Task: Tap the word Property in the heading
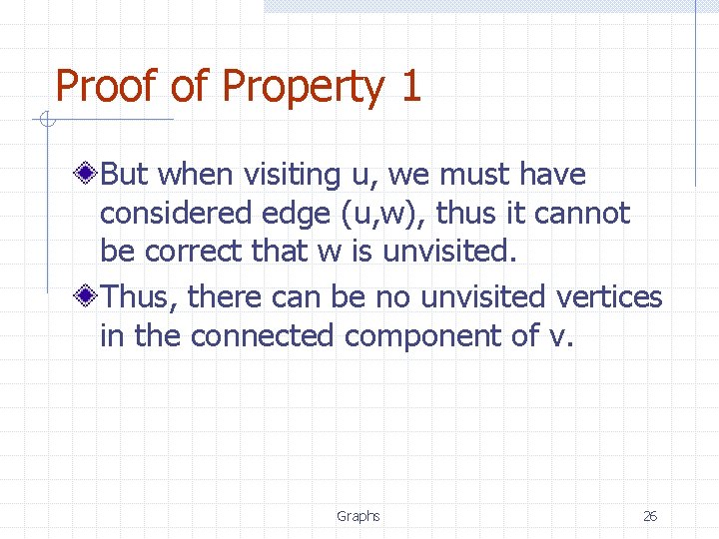tap(303, 89)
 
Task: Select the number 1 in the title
tap(409, 87)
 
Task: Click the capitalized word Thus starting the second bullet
tap(139, 296)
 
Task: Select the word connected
tap(262, 335)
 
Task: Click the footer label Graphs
tap(358, 516)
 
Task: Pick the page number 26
tap(649, 516)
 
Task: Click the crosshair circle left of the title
tap(45, 121)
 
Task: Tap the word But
tap(125, 175)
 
